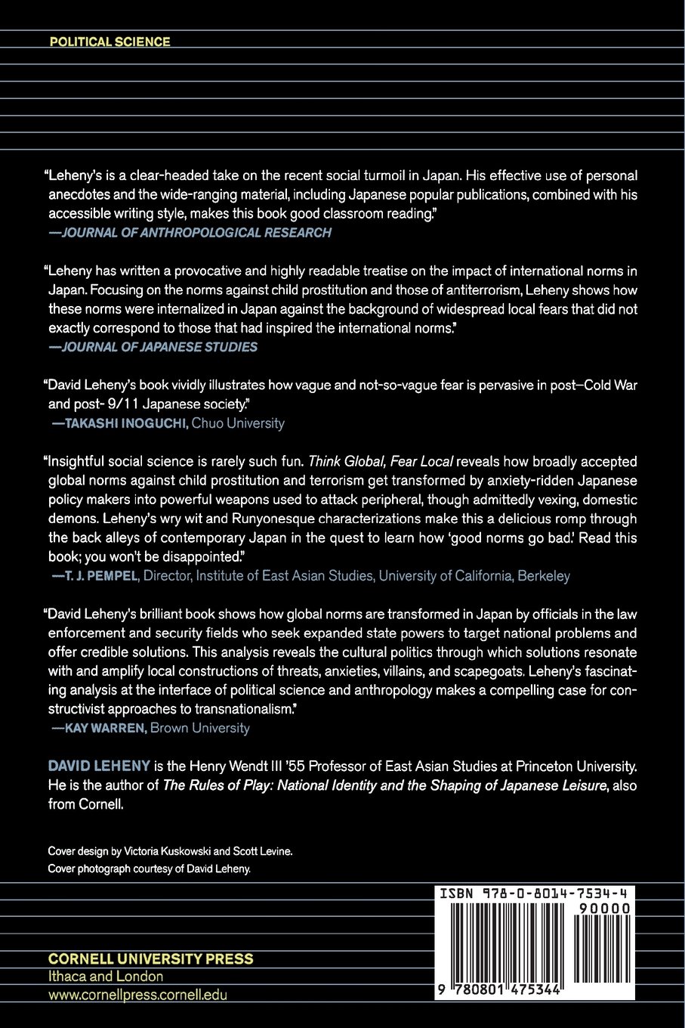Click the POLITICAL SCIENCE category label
click(110, 42)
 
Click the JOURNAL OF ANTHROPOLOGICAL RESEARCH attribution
click(196, 233)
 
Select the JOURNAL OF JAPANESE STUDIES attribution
click(159, 347)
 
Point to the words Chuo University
click(238, 423)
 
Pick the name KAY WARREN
click(105, 728)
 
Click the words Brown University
click(199, 728)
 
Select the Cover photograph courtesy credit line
click(149, 869)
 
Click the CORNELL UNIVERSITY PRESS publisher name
click(150, 958)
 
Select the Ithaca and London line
click(106, 977)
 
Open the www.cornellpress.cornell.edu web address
click(137, 995)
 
